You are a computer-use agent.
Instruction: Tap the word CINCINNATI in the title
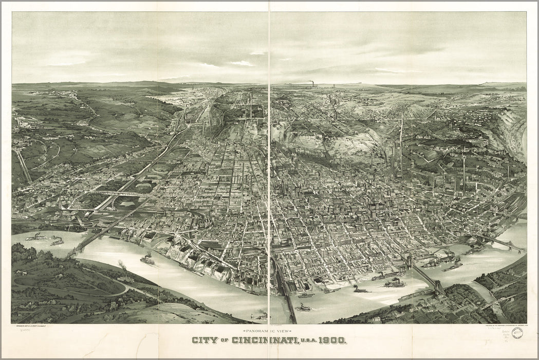click(264, 340)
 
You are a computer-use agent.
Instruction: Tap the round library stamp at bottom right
click(517, 333)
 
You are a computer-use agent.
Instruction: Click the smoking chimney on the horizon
click(312, 83)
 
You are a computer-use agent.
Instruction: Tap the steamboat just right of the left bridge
click(147, 260)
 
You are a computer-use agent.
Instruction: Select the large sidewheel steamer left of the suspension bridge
click(394, 282)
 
